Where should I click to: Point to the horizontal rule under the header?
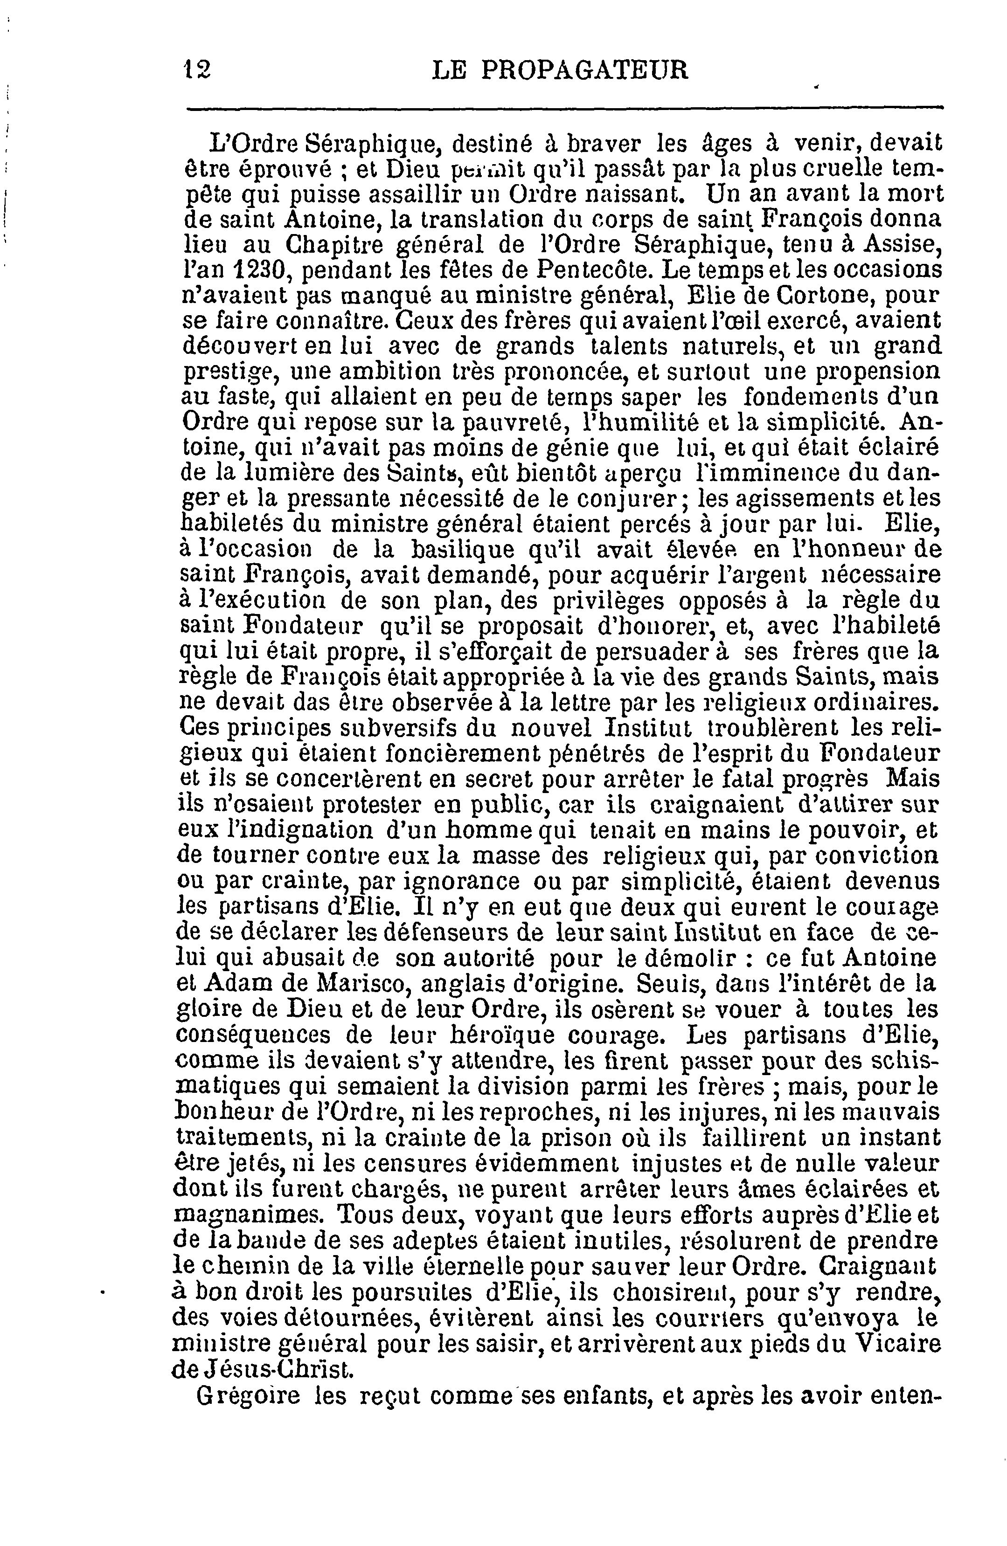click(x=564, y=109)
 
